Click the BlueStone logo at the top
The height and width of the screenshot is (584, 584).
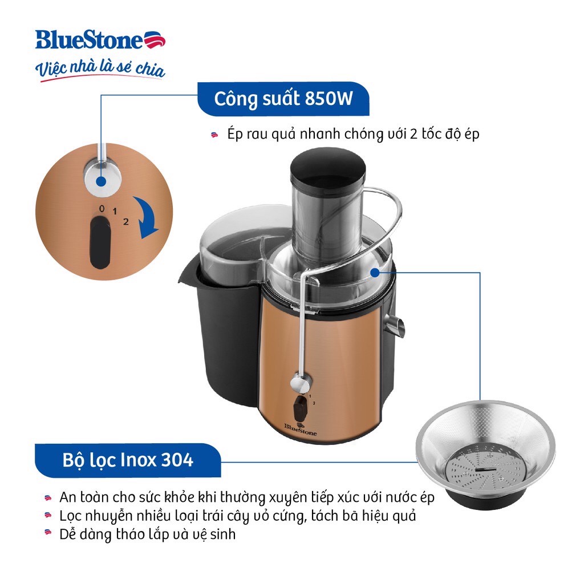tap(100, 40)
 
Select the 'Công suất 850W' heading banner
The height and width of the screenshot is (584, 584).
tap(283, 99)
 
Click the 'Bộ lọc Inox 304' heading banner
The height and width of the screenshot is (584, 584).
tap(128, 460)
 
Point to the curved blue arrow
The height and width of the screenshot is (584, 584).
tap(147, 218)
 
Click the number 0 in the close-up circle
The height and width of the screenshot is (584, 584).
tap(102, 209)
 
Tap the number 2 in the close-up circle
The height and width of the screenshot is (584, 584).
tap(126, 222)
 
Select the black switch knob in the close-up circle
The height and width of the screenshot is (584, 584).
tap(100, 242)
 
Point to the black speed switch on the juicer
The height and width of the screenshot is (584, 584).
tap(300, 409)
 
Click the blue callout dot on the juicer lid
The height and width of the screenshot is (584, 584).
tap(375, 273)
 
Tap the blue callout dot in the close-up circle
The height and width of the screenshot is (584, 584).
tap(100, 182)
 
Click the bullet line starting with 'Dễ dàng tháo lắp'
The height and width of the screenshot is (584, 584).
tap(148, 534)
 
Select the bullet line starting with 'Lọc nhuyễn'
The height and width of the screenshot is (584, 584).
tap(238, 516)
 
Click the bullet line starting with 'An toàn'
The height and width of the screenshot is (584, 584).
tap(247, 497)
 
